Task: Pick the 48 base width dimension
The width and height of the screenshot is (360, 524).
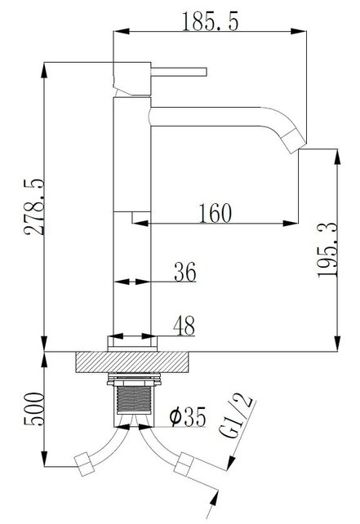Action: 184,326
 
